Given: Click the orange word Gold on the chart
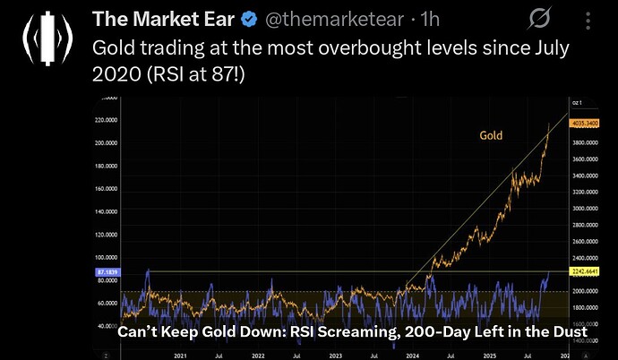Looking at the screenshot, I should coord(490,136).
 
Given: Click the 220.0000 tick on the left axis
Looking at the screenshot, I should coord(107,119).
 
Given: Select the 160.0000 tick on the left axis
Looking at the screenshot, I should coord(107,189).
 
